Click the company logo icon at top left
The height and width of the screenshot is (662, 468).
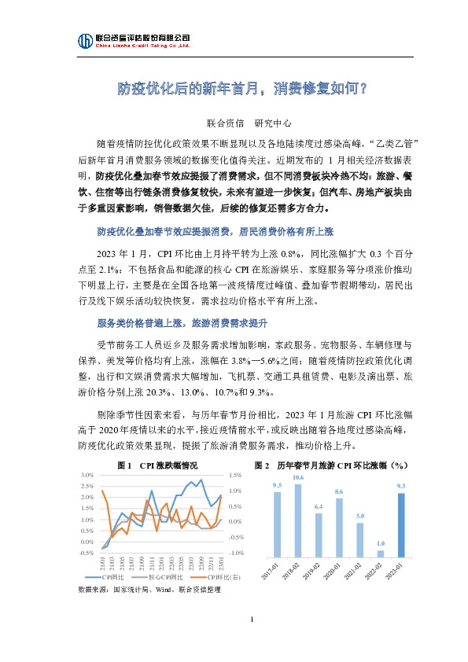pyautogui.click(x=84, y=41)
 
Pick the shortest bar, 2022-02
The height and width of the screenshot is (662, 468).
pyautogui.click(x=380, y=553)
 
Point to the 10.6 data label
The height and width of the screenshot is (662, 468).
pyautogui.click(x=298, y=478)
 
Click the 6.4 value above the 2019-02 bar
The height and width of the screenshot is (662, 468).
pyautogui.click(x=319, y=506)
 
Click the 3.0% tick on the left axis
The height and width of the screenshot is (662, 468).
pyautogui.click(x=87, y=475)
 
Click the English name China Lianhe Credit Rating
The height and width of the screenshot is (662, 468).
pyautogui.click(x=142, y=46)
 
